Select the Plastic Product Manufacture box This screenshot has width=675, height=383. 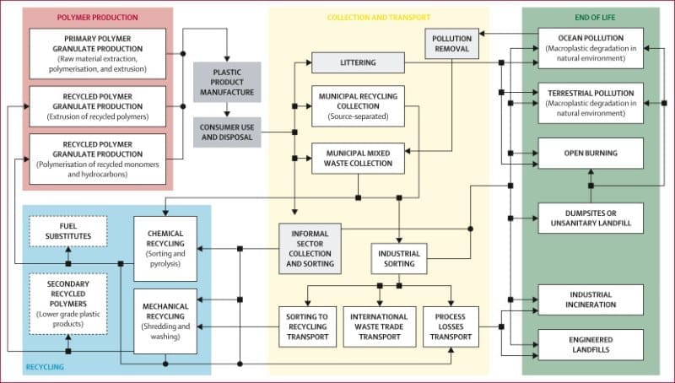226,81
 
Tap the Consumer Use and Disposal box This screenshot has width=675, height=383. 226,132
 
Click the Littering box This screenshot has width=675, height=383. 357,62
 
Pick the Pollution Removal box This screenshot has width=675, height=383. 452,44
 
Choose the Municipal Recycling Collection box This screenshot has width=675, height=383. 357,105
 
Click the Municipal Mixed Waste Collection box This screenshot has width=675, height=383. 357,157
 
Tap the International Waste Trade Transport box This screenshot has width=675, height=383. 379,327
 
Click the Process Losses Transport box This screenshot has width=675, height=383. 451,327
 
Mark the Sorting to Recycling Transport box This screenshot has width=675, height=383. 307,327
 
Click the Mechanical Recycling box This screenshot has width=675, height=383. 165,321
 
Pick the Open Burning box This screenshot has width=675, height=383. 591,153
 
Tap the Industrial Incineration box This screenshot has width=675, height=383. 591,299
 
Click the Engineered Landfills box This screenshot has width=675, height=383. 591,344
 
